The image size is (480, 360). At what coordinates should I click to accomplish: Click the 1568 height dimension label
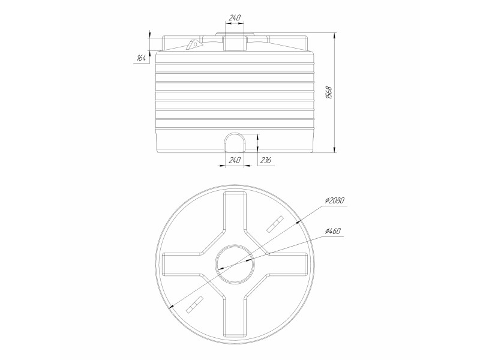[x=329, y=93]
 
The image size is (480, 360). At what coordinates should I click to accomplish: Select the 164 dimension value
[x=141, y=58]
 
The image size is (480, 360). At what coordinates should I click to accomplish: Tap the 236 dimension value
[x=266, y=160]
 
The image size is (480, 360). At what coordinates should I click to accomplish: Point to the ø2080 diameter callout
[x=335, y=200]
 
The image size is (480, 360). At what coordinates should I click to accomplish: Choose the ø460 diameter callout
[x=332, y=231]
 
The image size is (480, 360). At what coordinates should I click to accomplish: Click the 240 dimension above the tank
[x=235, y=17]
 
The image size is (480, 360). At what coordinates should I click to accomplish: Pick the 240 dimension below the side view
[x=235, y=160]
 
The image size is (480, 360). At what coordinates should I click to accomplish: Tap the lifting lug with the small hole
[x=193, y=44]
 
